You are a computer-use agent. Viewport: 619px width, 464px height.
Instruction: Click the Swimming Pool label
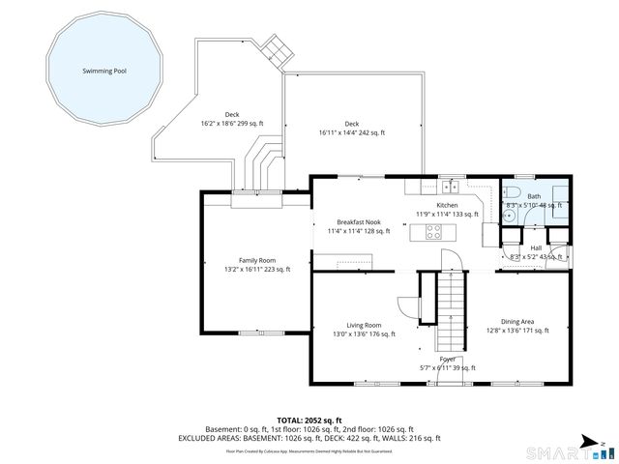104,72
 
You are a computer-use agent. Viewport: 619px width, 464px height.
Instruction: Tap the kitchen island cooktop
433,232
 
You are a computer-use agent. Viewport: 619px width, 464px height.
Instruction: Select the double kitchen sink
449,187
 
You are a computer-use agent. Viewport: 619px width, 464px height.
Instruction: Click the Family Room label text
257,261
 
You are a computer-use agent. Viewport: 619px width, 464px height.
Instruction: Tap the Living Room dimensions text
365,334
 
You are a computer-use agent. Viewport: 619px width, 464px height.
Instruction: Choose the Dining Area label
517,322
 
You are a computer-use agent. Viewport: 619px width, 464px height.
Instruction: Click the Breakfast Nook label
359,222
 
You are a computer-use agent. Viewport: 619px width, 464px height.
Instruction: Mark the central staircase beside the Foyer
451,309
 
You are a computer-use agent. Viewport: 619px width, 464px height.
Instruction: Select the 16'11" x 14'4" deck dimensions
352,132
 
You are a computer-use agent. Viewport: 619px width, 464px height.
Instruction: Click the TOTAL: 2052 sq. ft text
309,420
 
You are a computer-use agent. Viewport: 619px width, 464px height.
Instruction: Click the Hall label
536,247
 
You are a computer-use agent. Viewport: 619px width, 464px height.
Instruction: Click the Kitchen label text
446,206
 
